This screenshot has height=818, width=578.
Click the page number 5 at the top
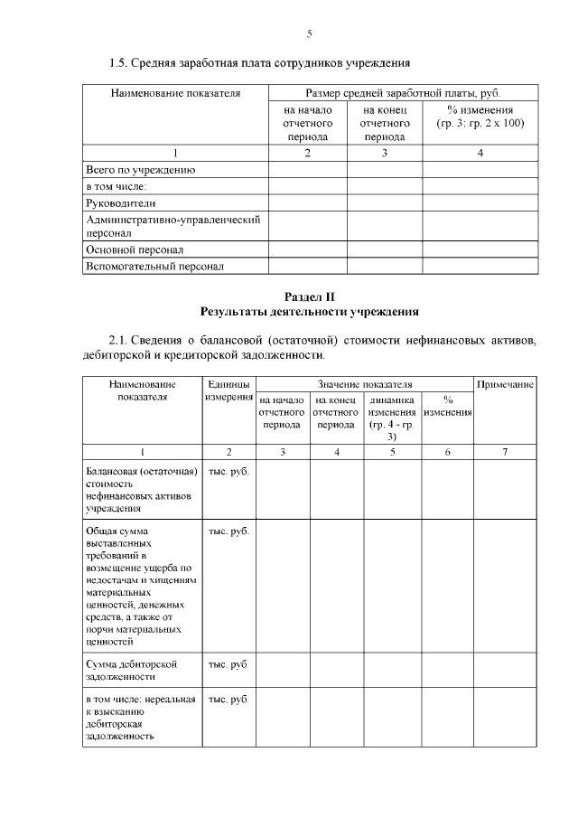(x=309, y=33)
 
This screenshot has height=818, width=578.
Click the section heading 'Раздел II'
(x=309, y=296)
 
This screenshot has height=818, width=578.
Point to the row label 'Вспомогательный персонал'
(x=154, y=267)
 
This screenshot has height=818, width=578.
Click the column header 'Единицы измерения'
(x=228, y=391)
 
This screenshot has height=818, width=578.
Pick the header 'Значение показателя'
(x=365, y=385)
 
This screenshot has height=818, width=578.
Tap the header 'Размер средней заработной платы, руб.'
(x=403, y=93)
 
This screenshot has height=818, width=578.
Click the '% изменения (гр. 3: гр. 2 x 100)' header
(x=480, y=116)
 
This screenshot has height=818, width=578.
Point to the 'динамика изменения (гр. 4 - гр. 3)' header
(x=392, y=418)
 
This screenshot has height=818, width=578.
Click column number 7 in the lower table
(x=505, y=451)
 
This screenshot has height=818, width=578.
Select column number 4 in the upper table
(x=480, y=153)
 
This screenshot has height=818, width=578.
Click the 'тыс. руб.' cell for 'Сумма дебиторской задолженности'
(x=228, y=664)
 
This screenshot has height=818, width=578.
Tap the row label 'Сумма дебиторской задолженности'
(x=131, y=670)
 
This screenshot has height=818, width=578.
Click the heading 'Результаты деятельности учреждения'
(x=309, y=311)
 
